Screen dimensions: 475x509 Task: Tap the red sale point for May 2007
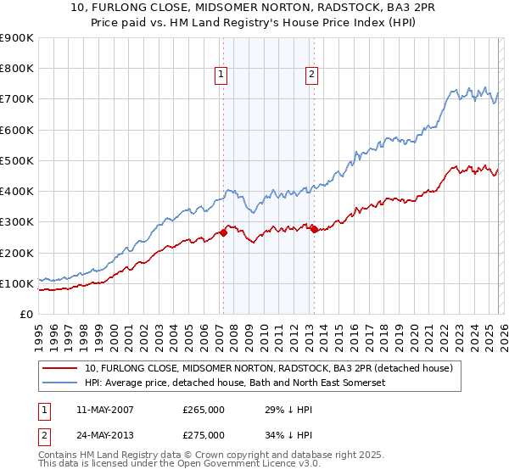(223, 232)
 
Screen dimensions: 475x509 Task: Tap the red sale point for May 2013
(314, 229)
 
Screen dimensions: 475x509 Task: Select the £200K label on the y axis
(17, 253)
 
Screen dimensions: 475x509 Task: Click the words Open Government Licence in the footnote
(231, 467)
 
